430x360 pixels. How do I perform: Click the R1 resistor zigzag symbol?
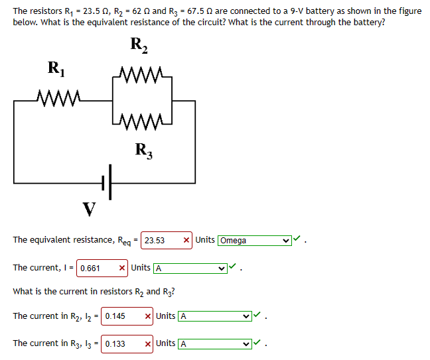point(59,100)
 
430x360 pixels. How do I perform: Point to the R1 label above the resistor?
point(56,68)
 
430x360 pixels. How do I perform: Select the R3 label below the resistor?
point(143,150)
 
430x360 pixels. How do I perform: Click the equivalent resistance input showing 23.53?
point(161,240)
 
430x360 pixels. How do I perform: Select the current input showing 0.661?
point(96,268)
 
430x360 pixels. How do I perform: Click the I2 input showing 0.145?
point(121,316)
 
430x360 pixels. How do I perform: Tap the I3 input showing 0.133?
point(121,343)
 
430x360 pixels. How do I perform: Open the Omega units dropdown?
point(254,240)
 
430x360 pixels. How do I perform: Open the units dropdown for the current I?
point(189,268)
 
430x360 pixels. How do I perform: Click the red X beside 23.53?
point(187,240)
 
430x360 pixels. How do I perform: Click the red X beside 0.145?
point(148,316)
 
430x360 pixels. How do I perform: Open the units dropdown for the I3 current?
point(214,343)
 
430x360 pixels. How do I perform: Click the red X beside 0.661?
point(122,268)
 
